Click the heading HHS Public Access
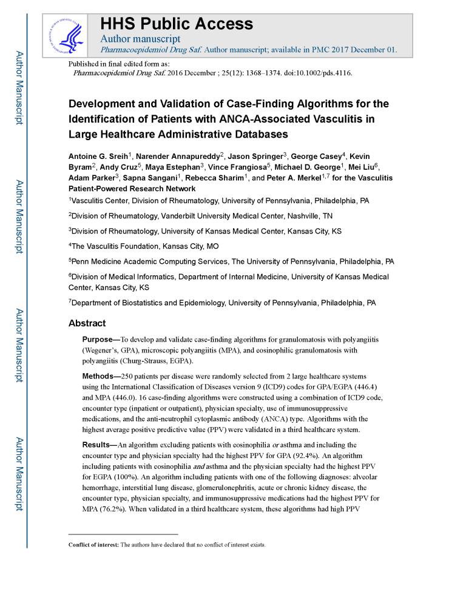coord(176,24)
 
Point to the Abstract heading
coord(87,323)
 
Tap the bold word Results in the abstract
coord(98,445)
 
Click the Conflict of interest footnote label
coord(93,545)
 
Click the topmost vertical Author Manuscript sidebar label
coord(19,88)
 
